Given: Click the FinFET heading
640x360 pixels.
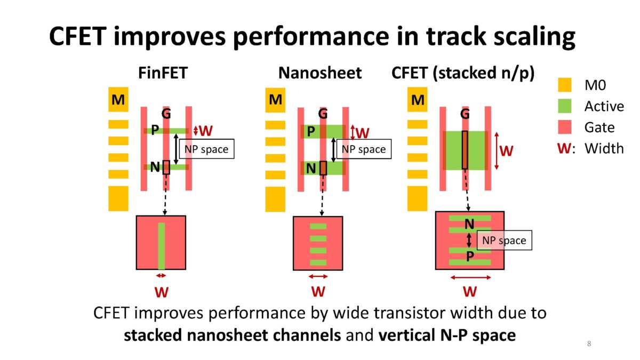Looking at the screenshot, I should pyautogui.click(x=162, y=73).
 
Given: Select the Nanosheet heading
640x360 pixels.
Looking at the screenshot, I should pyautogui.click(x=320, y=73).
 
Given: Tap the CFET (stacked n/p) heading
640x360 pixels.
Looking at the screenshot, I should pyautogui.click(x=463, y=73).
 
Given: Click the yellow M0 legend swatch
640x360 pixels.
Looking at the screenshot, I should pyautogui.click(x=564, y=85).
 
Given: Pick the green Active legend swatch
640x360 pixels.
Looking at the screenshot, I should pyautogui.click(x=564, y=106).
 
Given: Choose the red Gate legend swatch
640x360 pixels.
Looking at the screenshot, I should pyautogui.click(x=564, y=127).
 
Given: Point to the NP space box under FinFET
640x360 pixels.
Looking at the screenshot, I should pyautogui.click(x=206, y=149).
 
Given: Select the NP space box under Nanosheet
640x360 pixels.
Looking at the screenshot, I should pyautogui.click(x=364, y=149).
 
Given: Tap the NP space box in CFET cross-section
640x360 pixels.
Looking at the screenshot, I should pyautogui.click(x=504, y=241).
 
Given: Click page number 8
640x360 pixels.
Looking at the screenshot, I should pyautogui.click(x=589, y=343).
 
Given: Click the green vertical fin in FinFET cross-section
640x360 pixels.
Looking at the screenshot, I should pyautogui.click(x=161, y=246).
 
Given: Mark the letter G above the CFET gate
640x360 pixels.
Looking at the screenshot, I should pyautogui.click(x=465, y=114).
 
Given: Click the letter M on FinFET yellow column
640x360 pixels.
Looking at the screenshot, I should pyautogui.click(x=118, y=100).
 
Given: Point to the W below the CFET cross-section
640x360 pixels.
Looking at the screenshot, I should pyautogui.click(x=470, y=291).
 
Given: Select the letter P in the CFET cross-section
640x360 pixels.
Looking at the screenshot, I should pyautogui.click(x=470, y=257).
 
